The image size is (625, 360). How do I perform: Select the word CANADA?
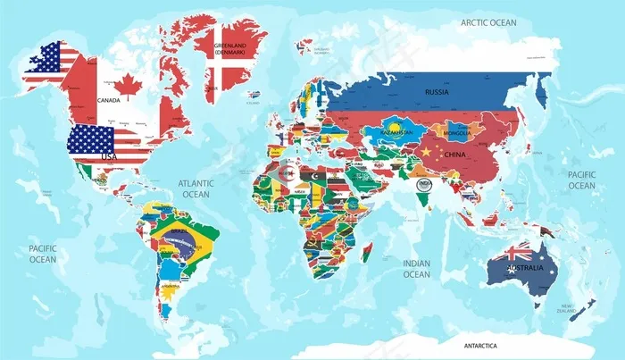109,101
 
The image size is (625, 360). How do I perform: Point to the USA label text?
109,156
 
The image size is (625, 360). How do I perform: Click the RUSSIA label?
437,91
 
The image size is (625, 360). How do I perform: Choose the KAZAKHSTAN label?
397,132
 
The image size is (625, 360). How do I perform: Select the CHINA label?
454,155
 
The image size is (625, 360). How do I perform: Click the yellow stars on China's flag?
427,151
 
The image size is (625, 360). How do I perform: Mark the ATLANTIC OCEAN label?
196,188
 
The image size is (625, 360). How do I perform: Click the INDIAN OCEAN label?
416,268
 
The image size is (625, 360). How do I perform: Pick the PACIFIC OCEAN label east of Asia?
581,180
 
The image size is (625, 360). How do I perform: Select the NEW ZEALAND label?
566,308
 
